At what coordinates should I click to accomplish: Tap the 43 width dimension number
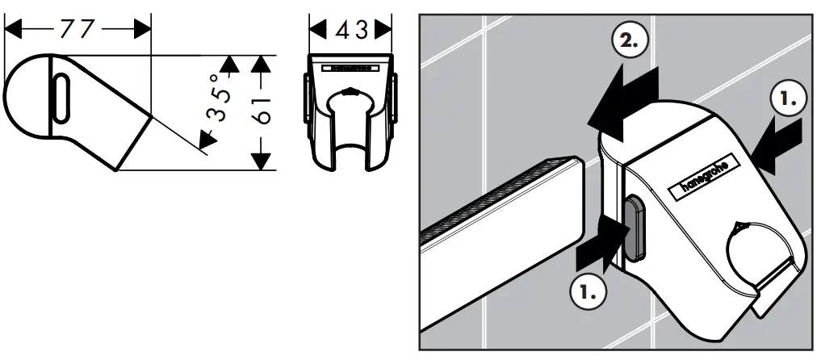pyautogui.click(x=352, y=29)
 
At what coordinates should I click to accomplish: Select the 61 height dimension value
pyautogui.click(x=261, y=112)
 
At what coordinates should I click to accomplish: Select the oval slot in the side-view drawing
pyautogui.click(x=60, y=99)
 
